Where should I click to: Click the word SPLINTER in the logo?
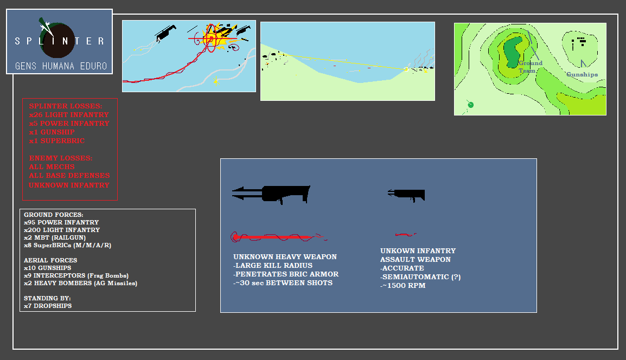[x=60, y=41]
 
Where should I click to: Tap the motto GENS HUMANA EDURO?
[x=61, y=66]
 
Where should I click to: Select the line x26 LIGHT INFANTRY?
[x=69, y=114]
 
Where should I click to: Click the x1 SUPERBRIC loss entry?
[x=57, y=140]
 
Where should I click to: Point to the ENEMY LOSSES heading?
[x=61, y=158]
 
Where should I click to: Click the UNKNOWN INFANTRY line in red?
[x=69, y=185]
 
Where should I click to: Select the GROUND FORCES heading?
[x=54, y=215]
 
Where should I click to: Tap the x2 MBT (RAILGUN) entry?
[x=55, y=237]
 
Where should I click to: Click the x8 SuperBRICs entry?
[x=67, y=245]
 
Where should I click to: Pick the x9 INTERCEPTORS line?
[x=76, y=275]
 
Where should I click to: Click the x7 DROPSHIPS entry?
[x=48, y=306]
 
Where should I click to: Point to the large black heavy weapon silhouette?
[x=271, y=195]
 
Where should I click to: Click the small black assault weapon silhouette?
[x=406, y=195]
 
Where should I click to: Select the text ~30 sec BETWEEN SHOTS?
[x=283, y=282]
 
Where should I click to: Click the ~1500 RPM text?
[x=403, y=285]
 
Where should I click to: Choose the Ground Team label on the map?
[x=530, y=67]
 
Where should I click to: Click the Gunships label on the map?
[x=582, y=74]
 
